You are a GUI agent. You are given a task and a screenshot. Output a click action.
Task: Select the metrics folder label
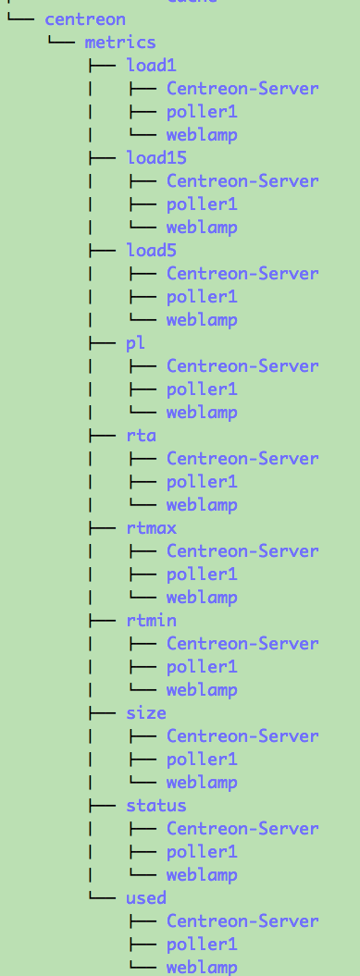click(x=120, y=42)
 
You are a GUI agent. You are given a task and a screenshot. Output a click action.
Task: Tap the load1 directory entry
click(x=151, y=65)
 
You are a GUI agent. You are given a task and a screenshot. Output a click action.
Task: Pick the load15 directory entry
click(x=156, y=157)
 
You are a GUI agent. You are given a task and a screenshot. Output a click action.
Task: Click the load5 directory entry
click(x=151, y=250)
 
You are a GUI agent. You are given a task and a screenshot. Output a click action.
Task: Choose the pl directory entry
click(x=136, y=342)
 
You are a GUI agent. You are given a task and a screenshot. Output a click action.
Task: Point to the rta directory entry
click(x=141, y=435)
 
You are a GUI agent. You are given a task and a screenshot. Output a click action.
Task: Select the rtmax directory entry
click(x=151, y=527)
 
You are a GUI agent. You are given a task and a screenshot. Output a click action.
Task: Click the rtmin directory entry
click(x=151, y=620)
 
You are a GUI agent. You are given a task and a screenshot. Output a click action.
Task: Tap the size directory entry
click(x=146, y=712)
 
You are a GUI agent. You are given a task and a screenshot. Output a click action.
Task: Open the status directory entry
click(x=156, y=805)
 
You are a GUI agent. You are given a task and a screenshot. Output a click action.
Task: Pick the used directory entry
click(x=146, y=897)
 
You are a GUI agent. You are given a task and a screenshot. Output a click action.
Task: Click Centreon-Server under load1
click(x=242, y=88)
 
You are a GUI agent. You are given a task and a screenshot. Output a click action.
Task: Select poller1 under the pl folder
click(x=202, y=389)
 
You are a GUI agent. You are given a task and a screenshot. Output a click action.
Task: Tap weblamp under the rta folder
click(x=202, y=504)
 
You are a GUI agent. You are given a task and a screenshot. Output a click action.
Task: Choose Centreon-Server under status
click(x=242, y=828)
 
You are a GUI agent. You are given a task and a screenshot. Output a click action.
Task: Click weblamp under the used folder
click(x=202, y=967)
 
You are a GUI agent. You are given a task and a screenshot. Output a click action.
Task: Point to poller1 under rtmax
click(x=202, y=574)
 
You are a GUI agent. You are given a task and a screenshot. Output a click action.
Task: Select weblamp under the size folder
click(x=202, y=782)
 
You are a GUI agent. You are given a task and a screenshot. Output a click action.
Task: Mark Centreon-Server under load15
click(x=242, y=180)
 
